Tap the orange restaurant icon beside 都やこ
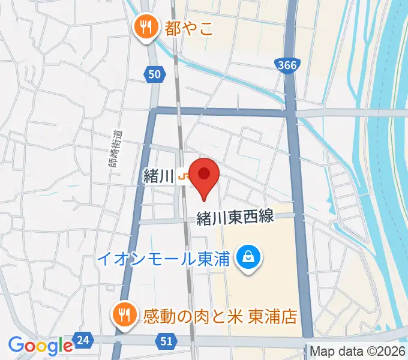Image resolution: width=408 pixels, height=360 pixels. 145,26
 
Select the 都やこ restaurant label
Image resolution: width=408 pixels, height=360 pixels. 190,28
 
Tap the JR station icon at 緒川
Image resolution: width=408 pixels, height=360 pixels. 183,176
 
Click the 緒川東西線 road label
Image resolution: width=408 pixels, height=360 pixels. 236,217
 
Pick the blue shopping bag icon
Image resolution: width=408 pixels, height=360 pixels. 247,259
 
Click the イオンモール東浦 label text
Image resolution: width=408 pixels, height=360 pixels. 164,259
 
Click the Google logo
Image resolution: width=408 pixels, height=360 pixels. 40,346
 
